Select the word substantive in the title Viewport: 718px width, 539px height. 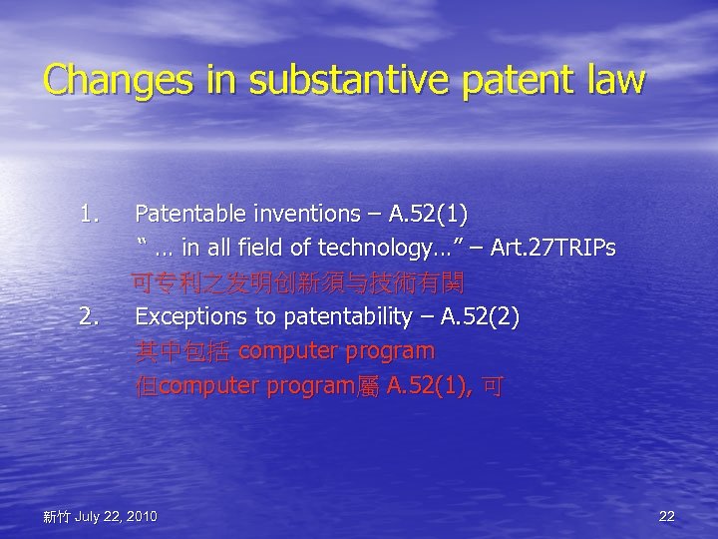click(x=319, y=81)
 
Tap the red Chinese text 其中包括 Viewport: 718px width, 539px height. click(x=184, y=351)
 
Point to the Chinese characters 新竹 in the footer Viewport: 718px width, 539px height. click(x=56, y=516)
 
